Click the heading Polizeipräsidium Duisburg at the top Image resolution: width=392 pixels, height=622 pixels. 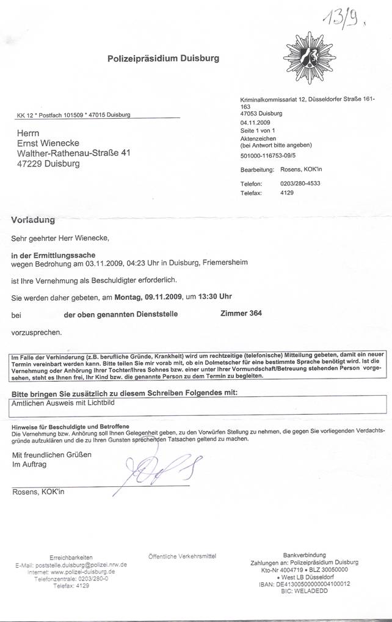pyautogui.click(x=163, y=59)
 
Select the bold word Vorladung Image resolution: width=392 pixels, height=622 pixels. pyautogui.click(x=33, y=219)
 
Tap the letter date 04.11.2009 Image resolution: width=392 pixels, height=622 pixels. pyautogui.click(x=255, y=122)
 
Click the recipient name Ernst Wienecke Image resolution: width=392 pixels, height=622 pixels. pyautogui.click(x=51, y=143)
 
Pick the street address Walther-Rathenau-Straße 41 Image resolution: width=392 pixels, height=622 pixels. pyautogui.click(x=74, y=153)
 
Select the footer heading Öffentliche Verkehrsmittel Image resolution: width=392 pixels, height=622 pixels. pyautogui.click(x=182, y=556)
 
